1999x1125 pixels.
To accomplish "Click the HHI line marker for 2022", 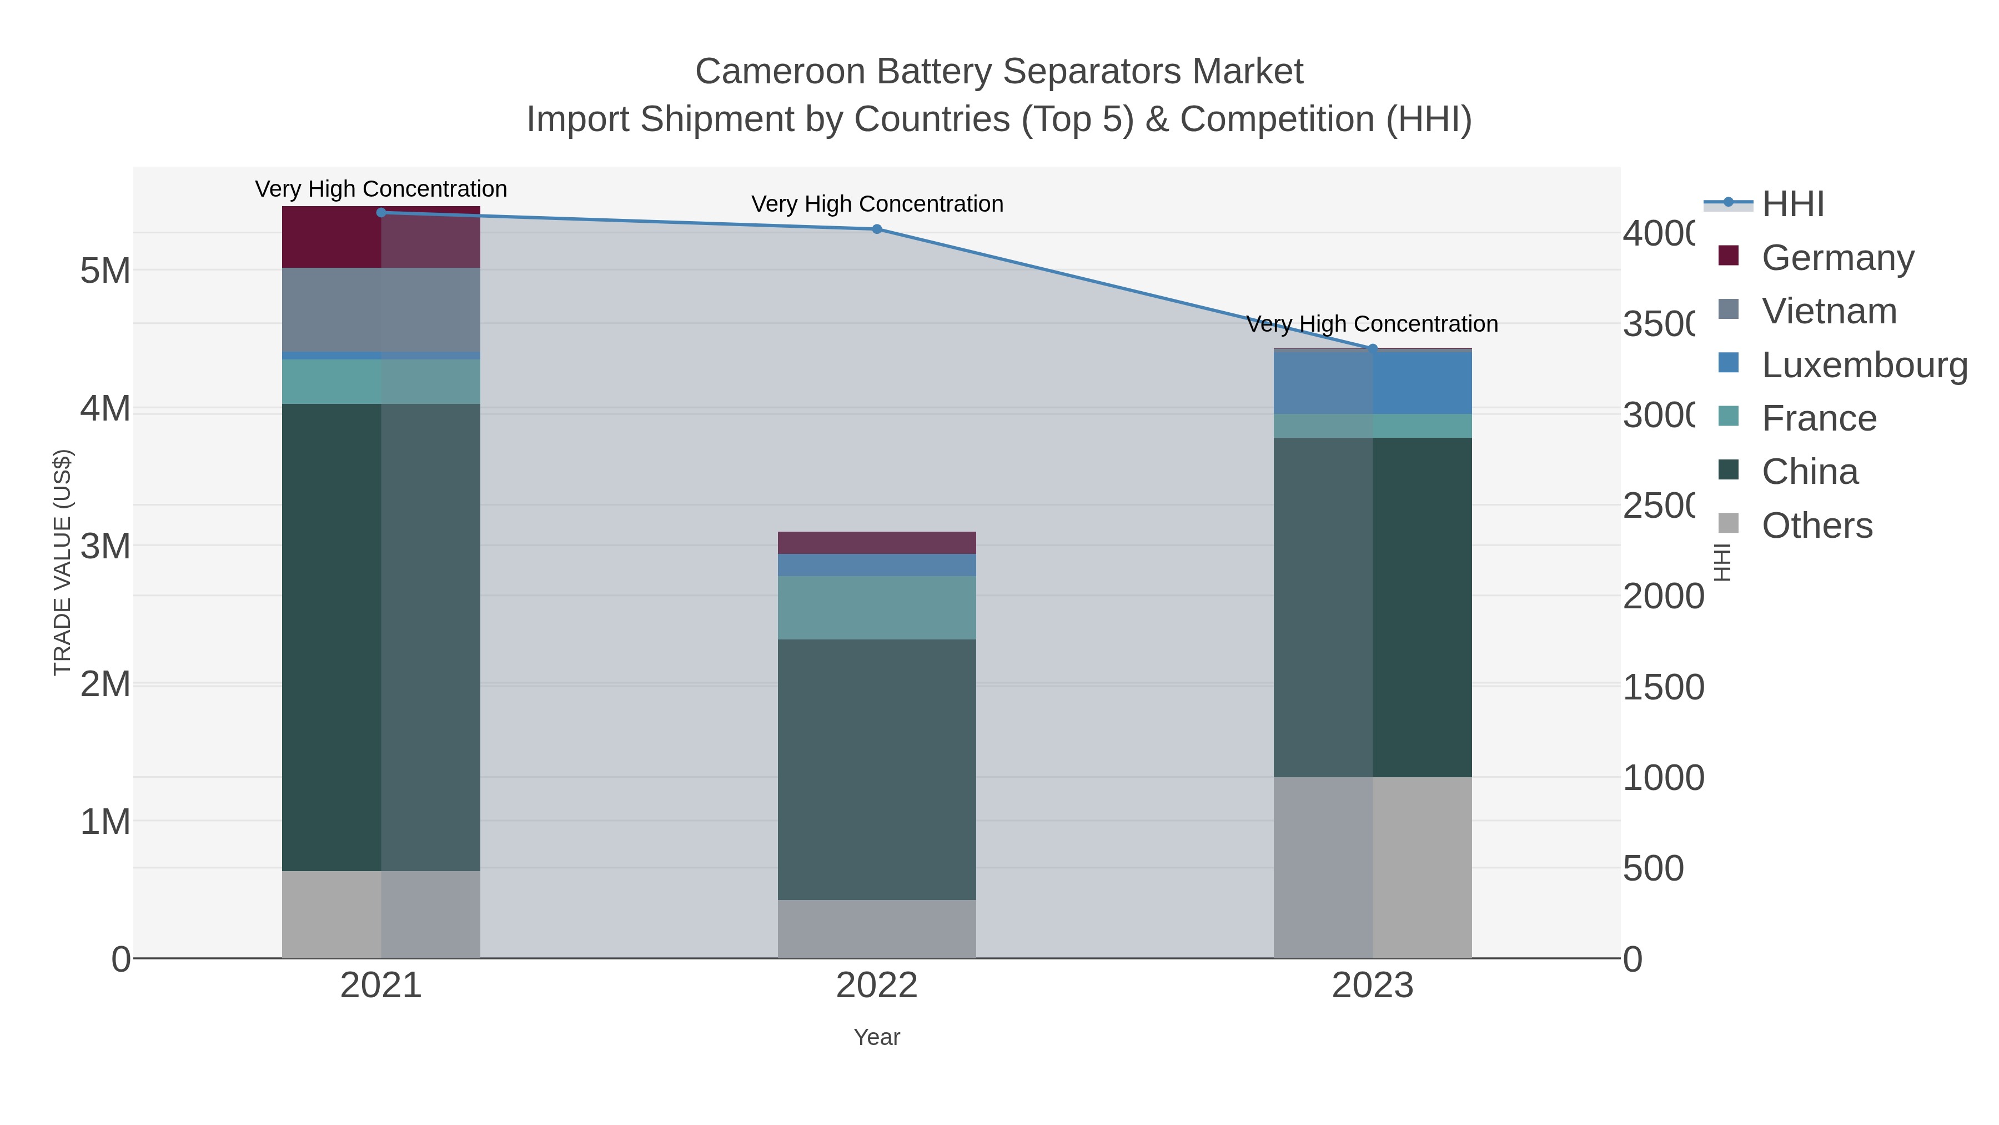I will (x=876, y=229).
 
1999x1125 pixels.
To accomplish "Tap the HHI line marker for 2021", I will (x=381, y=213).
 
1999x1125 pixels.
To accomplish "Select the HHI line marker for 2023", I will (x=1372, y=348).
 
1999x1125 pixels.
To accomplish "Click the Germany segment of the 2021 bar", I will (x=380, y=238).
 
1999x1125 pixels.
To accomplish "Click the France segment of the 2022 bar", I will (x=876, y=607).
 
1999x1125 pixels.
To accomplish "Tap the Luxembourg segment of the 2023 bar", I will (x=1372, y=383).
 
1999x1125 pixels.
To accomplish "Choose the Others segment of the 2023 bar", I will (x=1372, y=867).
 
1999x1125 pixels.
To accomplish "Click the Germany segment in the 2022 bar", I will (x=876, y=543).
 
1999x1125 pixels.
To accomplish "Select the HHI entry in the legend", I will (x=1792, y=204).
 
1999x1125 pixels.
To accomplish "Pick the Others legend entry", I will (x=1816, y=526).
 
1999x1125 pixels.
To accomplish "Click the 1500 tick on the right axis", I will (x=1663, y=688).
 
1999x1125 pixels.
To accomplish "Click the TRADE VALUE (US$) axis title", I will (x=62, y=562).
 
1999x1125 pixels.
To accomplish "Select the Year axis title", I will (x=876, y=1037).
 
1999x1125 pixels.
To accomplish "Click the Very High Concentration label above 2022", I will (x=877, y=204).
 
